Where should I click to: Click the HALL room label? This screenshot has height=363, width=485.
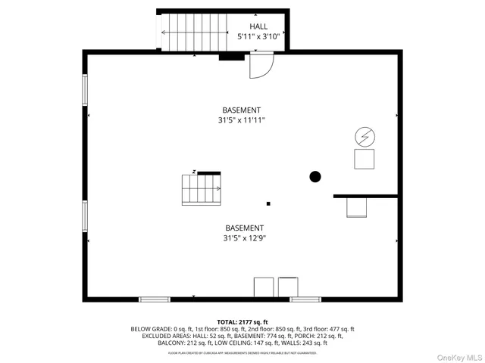258,26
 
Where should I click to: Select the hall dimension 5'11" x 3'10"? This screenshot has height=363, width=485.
258,36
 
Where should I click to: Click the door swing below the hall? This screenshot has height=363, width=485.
260,67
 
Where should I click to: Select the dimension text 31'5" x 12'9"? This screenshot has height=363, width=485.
244,237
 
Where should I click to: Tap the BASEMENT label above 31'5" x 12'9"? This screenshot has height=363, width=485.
244,228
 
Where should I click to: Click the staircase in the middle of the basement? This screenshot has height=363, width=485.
202,188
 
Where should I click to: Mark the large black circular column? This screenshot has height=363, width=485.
315,177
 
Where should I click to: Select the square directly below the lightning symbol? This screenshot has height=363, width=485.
365,159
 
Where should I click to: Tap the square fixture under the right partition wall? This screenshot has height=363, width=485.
357,208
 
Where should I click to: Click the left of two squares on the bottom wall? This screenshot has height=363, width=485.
263,287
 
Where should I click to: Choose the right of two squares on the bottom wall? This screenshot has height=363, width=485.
289,287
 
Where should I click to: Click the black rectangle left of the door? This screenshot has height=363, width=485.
230,55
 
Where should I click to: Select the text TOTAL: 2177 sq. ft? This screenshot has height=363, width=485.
242,321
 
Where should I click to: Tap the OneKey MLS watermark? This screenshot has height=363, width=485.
458,356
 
